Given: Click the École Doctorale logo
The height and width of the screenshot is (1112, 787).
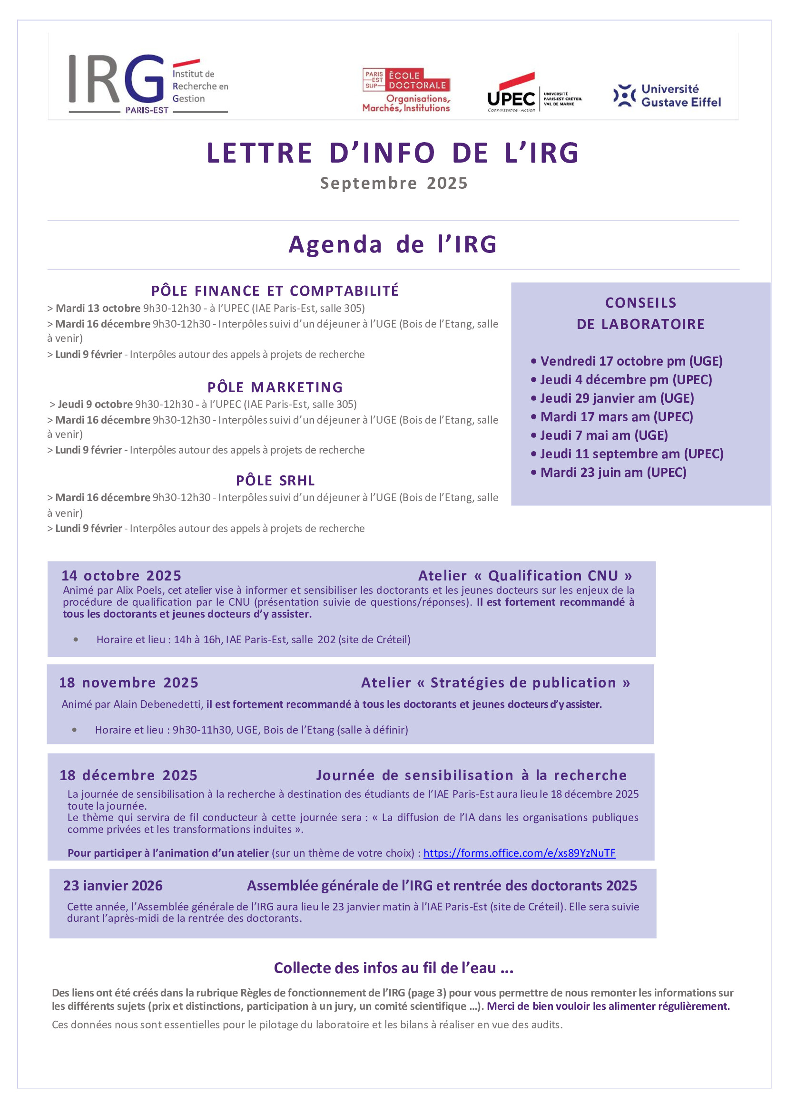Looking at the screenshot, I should (x=406, y=90).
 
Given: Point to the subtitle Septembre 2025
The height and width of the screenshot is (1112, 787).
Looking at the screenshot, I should (x=393, y=183).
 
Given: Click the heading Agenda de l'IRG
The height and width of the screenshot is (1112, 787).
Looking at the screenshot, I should (x=393, y=244).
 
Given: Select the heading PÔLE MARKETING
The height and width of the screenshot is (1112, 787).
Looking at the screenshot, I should (x=275, y=387).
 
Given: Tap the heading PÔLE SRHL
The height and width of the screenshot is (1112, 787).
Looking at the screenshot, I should (x=275, y=481).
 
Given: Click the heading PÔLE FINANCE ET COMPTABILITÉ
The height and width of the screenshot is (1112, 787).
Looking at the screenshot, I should (x=275, y=290).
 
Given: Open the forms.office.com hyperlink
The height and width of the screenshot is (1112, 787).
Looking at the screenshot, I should (x=519, y=853).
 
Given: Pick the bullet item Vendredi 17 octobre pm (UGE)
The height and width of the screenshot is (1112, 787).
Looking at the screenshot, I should (x=631, y=361).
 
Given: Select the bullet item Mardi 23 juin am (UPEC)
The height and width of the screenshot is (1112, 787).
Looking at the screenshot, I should (x=613, y=472).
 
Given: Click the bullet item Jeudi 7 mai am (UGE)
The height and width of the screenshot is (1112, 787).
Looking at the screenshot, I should (x=604, y=435).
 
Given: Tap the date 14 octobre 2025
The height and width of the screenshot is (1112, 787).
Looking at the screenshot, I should (x=121, y=575).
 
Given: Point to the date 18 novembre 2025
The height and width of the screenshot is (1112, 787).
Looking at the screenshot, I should (x=128, y=682).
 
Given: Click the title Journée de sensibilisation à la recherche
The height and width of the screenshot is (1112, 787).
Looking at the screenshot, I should (x=471, y=775).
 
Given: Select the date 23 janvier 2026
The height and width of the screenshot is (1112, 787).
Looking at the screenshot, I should (x=113, y=885).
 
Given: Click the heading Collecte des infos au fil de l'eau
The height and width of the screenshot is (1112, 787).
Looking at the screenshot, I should (x=393, y=967).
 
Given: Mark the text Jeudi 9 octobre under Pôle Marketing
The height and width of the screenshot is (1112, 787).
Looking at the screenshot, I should (x=95, y=404).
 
